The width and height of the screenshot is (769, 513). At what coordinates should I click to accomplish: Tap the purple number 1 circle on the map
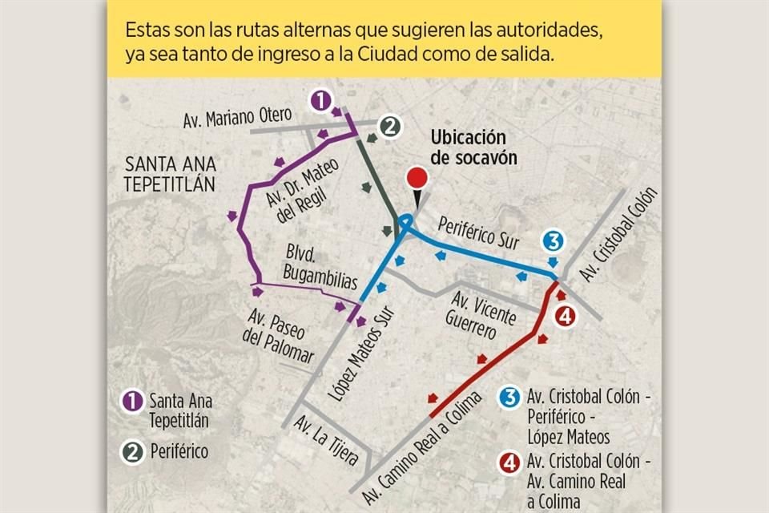click(x=320, y=100)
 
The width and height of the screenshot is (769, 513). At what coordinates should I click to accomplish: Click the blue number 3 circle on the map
click(x=554, y=240)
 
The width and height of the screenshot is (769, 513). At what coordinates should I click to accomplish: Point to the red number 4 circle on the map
click(x=565, y=316)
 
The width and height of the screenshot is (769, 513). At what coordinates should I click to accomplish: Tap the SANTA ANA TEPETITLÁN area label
click(x=171, y=174)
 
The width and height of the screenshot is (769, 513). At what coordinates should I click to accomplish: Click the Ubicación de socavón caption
click(x=473, y=147)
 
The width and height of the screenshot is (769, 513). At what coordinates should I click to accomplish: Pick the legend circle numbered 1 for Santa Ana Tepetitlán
click(x=132, y=400)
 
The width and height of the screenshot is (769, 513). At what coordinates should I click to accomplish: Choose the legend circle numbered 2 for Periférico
click(x=132, y=451)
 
